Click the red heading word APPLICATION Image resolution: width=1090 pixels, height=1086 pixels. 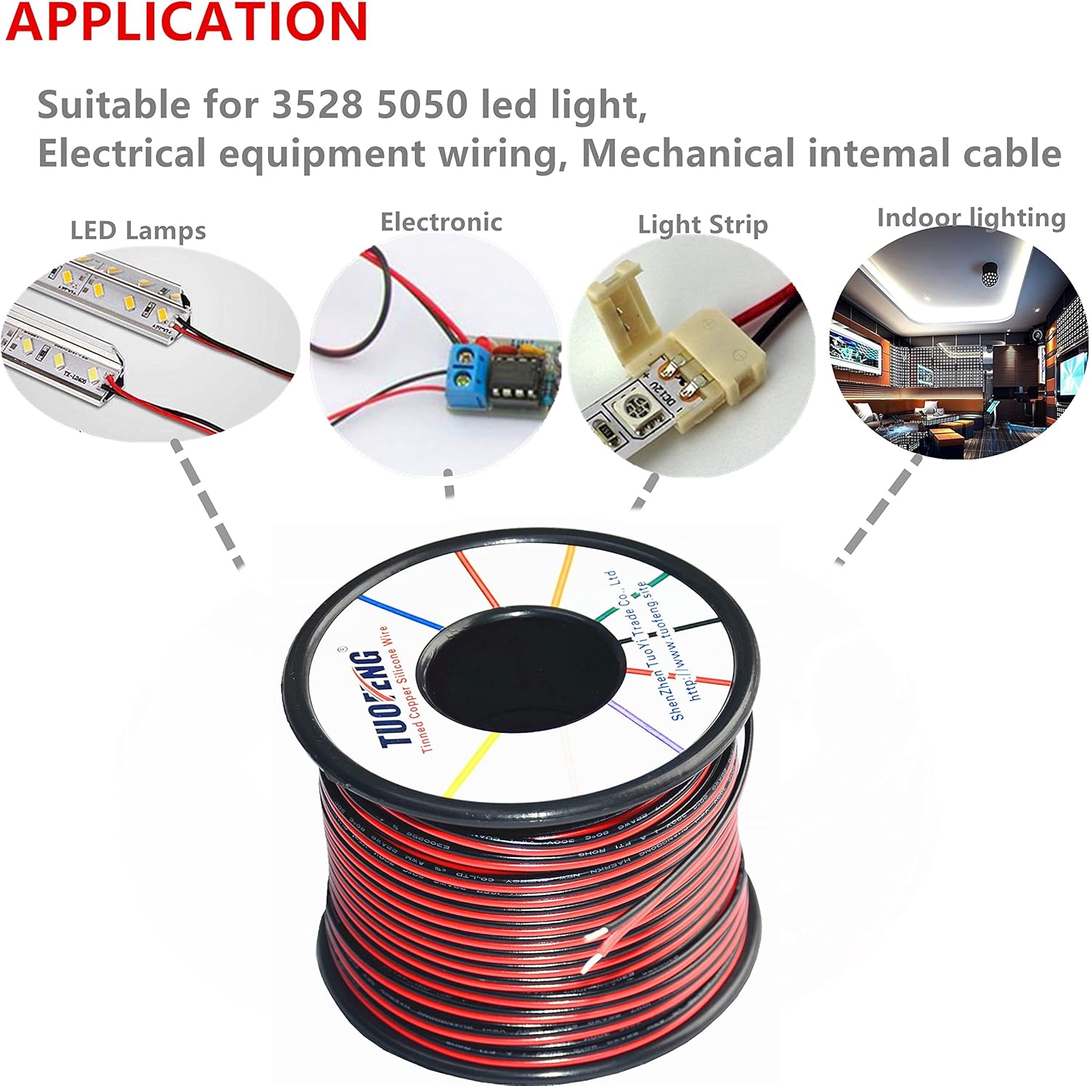(187, 22)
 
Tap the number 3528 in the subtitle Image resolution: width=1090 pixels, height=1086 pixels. (317, 105)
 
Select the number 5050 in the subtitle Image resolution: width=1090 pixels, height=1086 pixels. (422, 105)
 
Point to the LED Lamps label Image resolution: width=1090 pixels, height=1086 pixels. (138, 230)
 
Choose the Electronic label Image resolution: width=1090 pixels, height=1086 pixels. (441, 222)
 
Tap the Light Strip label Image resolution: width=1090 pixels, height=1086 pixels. (703, 225)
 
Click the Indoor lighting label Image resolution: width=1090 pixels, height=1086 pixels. (971, 217)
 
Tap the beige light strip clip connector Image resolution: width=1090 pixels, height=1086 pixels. (698, 342)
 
